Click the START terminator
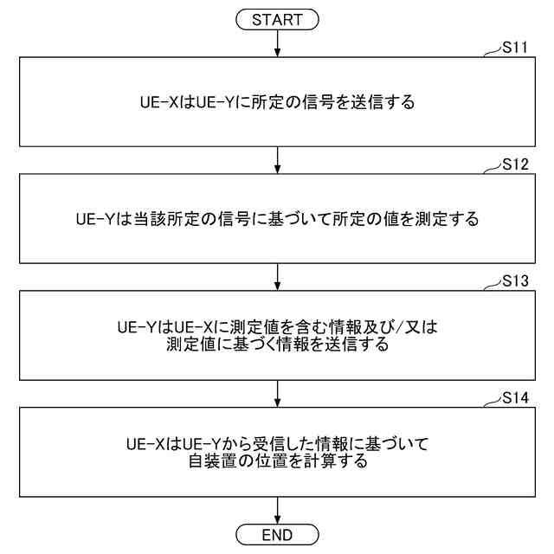tap(276, 18)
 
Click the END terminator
tap(276, 533)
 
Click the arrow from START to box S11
tap(276, 42)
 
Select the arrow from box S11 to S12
tap(276, 159)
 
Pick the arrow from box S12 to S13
tap(276, 276)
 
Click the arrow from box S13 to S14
tap(276, 393)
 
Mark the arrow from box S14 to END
tap(276, 510)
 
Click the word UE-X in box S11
tap(158, 103)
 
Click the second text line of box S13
tap(277, 345)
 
